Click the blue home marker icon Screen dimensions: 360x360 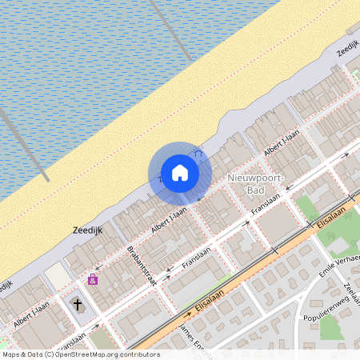[180, 173]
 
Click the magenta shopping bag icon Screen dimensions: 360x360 [93, 279]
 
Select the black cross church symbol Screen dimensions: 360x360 [78, 304]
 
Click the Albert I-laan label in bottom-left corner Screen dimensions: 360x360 [32, 318]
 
